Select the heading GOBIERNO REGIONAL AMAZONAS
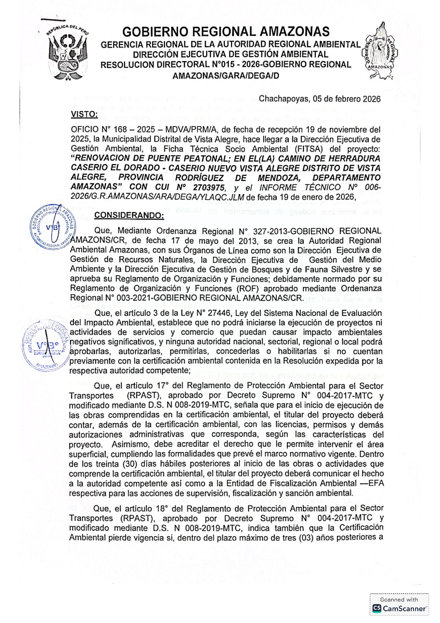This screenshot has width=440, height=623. point(226,32)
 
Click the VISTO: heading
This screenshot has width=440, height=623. point(84,114)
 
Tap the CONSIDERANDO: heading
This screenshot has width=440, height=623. point(129,215)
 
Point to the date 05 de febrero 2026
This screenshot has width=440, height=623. point(347,99)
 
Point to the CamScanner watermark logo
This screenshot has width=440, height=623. point(399,608)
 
